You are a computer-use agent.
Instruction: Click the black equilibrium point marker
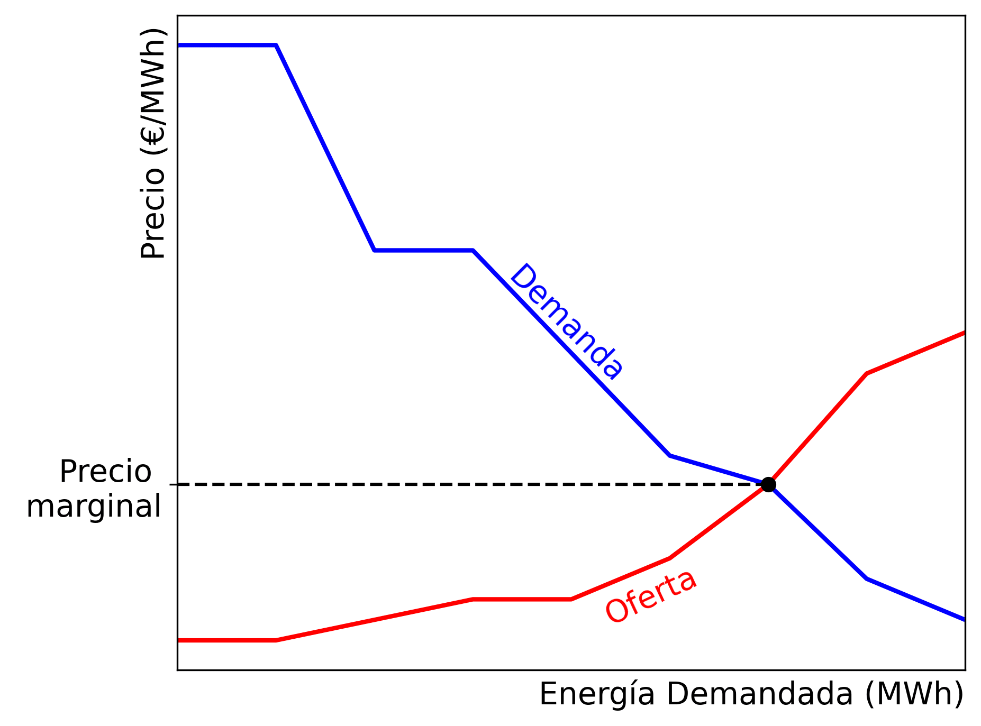click(x=768, y=484)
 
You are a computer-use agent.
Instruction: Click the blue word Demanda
click(x=566, y=321)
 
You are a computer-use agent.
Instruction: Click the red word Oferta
click(x=651, y=596)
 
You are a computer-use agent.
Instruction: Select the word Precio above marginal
click(x=105, y=472)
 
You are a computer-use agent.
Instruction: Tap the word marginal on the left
click(x=94, y=507)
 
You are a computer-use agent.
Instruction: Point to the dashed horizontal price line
click(x=466, y=484)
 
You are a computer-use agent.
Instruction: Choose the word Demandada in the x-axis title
click(x=759, y=694)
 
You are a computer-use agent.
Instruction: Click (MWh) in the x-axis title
click(x=914, y=694)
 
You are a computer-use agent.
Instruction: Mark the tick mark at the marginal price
click(x=173, y=484)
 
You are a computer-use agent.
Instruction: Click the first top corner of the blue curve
click(x=276, y=45)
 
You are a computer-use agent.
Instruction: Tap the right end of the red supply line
click(x=964, y=333)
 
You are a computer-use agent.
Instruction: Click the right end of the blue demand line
click(x=964, y=619)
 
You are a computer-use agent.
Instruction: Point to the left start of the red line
click(x=179, y=640)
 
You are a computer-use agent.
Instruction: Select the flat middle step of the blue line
click(x=423, y=250)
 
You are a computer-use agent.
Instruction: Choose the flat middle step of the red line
click(x=522, y=599)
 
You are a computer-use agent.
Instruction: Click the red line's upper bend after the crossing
click(x=867, y=374)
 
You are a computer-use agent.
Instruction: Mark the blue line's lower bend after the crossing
click(x=867, y=579)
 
